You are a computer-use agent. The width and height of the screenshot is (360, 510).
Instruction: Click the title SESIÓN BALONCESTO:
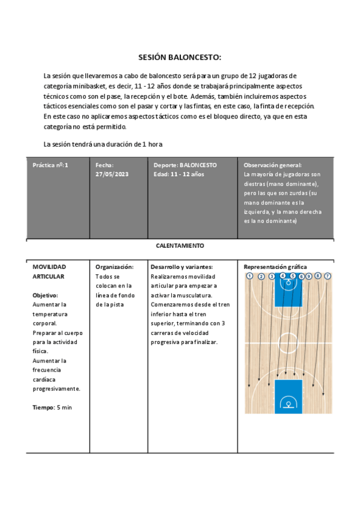click(x=180, y=58)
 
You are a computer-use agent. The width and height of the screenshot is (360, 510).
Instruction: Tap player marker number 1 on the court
click(x=249, y=276)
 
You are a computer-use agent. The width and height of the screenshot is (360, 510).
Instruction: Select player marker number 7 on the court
click(x=328, y=276)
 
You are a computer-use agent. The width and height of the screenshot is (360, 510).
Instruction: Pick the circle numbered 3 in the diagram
click(x=272, y=276)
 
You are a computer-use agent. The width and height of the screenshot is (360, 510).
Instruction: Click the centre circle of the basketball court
click(x=288, y=341)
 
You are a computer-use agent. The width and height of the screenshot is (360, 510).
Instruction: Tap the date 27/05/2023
click(x=112, y=174)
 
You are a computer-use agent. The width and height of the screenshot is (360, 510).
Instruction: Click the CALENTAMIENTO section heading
click(x=180, y=245)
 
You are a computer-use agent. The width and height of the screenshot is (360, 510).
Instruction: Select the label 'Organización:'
click(x=114, y=266)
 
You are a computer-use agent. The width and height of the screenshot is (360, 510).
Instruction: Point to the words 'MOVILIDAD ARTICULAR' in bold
click(x=49, y=271)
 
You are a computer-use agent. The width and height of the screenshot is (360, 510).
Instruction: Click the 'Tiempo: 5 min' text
click(x=52, y=407)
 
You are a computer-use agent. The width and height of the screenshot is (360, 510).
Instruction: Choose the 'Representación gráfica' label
click(x=275, y=266)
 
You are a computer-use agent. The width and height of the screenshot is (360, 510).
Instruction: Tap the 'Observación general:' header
click(x=272, y=165)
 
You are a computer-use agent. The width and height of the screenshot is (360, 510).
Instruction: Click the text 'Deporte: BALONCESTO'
click(x=185, y=165)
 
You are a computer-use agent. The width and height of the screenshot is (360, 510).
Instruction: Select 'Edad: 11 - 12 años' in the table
click(x=178, y=174)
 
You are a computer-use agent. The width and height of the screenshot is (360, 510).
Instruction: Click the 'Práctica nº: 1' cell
click(x=50, y=165)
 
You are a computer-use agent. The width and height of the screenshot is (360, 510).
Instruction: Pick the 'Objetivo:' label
click(x=45, y=295)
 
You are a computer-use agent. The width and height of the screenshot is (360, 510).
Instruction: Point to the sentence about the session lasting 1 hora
click(x=103, y=144)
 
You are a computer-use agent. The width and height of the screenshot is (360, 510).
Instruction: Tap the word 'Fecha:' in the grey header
click(x=105, y=165)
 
